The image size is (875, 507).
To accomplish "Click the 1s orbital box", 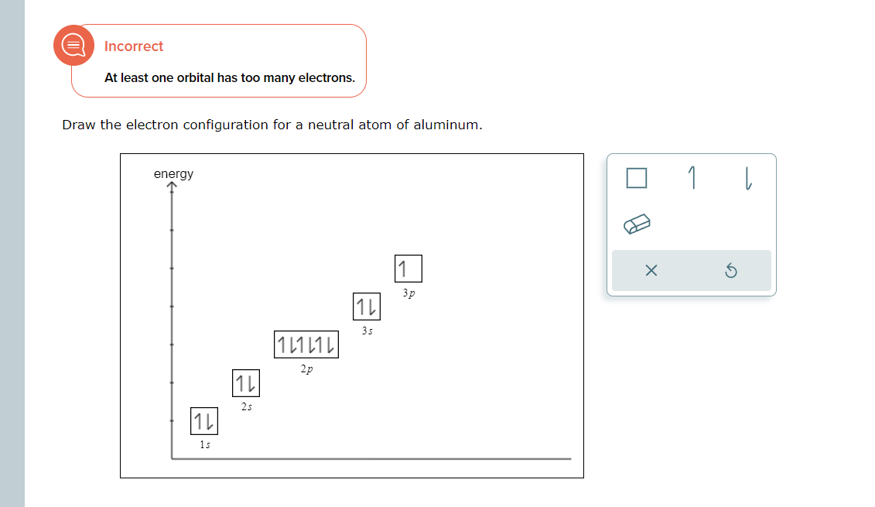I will (x=203, y=422).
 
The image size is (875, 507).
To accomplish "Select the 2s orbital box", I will (x=245, y=383).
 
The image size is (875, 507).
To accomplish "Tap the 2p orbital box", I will (x=306, y=344).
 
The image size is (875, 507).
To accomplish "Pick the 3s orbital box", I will (x=367, y=307).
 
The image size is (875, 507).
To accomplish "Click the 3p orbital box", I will (x=408, y=269).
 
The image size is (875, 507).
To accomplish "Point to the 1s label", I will (x=204, y=445).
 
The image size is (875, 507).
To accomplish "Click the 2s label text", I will (x=246, y=406).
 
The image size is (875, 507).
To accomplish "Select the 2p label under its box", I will (x=307, y=370).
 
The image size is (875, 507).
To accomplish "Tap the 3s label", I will (x=367, y=331).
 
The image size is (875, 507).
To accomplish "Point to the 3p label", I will (x=408, y=293).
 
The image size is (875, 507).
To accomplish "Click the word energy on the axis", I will (x=174, y=173).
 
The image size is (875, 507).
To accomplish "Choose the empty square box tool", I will (x=636, y=179).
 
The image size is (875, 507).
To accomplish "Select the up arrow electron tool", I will (x=692, y=179).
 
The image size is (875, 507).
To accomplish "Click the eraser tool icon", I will (x=637, y=224).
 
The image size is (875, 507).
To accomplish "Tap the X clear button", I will (x=651, y=271).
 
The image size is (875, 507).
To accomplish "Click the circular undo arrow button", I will (x=731, y=271).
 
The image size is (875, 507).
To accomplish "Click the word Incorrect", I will (x=134, y=46).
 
